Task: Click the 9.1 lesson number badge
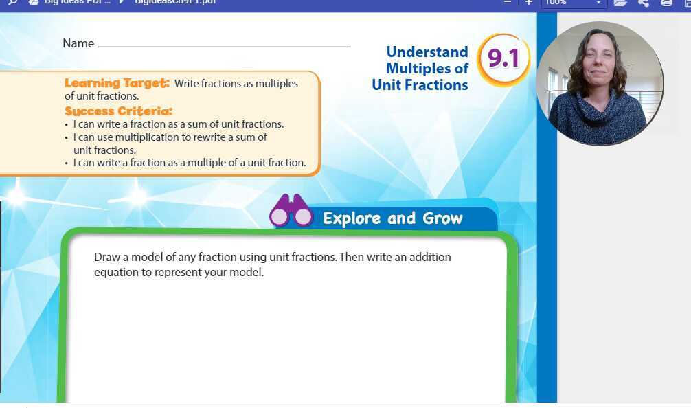(503, 60)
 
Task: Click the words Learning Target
(116, 83)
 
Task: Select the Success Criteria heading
(118, 111)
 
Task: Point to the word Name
(78, 43)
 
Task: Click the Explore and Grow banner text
(393, 218)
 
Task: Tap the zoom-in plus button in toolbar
(528, 2)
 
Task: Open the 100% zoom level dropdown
(573, 3)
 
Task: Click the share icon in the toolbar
(644, 3)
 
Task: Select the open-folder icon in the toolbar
(620, 3)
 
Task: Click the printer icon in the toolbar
(666, 3)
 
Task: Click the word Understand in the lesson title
(427, 52)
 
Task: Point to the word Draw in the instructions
(106, 257)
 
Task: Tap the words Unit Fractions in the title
(420, 84)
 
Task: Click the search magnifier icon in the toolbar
(12, 2)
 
